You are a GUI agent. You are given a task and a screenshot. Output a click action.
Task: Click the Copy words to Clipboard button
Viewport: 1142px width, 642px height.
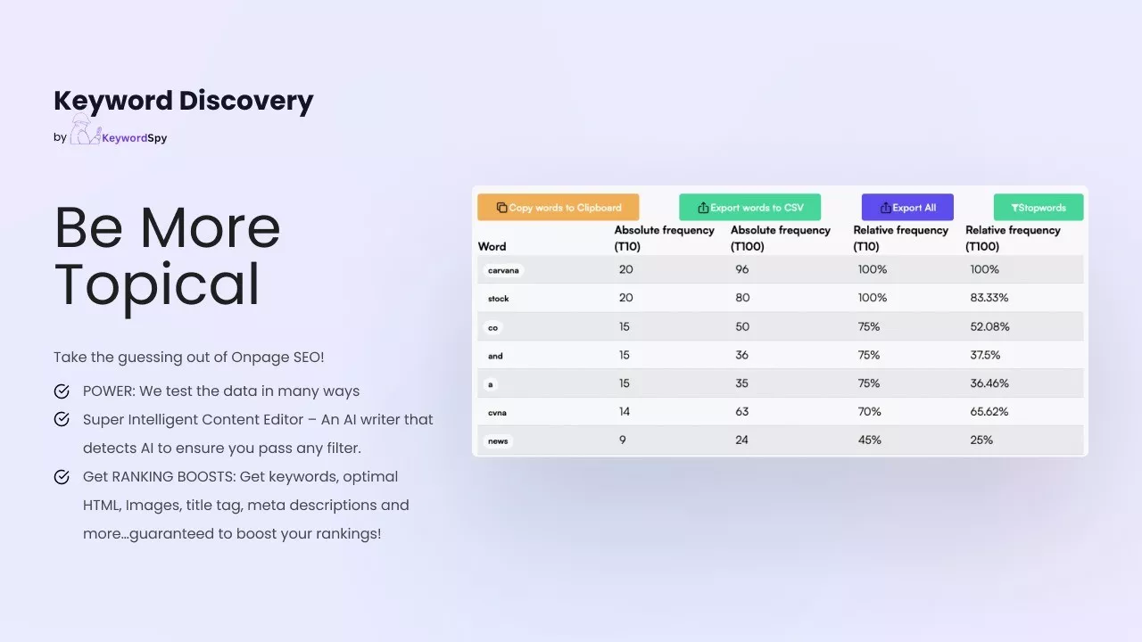point(559,207)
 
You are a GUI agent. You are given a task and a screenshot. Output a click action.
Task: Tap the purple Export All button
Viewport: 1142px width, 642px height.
point(907,207)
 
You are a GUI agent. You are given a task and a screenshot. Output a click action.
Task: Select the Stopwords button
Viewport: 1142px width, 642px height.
point(1039,207)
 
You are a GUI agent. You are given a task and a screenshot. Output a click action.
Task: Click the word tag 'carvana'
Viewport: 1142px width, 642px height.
point(503,270)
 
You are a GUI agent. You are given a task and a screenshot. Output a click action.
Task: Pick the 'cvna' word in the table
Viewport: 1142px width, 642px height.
point(497,412)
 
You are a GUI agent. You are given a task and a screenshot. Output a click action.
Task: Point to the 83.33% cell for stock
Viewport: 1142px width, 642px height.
point(989,298)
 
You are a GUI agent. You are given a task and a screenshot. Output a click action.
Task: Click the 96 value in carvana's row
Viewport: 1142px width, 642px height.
point(741,269)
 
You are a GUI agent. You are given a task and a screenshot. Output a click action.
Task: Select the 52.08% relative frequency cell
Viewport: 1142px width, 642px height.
point(989,326)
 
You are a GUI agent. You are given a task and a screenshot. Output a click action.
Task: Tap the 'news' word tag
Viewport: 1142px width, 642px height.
point(498,440)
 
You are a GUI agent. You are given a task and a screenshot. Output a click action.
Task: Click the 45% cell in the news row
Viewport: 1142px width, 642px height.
point(869,440)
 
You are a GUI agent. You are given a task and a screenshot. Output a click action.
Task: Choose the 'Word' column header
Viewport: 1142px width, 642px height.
point(492,247)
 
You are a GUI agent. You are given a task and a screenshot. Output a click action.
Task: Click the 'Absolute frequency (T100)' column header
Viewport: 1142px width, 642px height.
point(781,238)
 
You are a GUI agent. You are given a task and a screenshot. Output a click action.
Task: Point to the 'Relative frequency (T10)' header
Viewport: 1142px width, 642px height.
point(901,238)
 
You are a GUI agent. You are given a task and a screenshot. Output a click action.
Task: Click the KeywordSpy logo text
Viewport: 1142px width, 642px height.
point(135,137)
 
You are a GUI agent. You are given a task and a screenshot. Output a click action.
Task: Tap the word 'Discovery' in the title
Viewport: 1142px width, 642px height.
point(246,101)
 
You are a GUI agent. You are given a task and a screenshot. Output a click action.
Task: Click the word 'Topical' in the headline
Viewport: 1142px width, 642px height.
point(157,285)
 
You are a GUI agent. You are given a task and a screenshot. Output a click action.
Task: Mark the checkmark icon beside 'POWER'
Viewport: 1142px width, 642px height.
point(62,391)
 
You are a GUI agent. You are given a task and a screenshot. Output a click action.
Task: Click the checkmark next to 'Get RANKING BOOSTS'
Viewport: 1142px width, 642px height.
point(62,477)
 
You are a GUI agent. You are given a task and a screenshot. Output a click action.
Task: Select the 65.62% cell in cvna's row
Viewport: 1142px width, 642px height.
point(989,411)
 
